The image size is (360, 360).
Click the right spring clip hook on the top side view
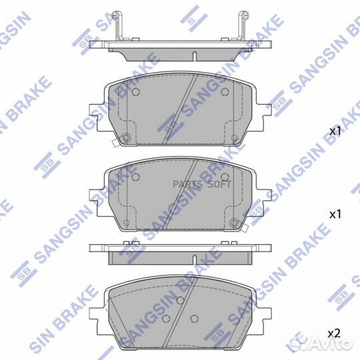click(x=243, y=25)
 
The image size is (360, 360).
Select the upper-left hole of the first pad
click(x=135, y=93)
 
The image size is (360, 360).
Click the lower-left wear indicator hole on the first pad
click(x=125, y=138)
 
